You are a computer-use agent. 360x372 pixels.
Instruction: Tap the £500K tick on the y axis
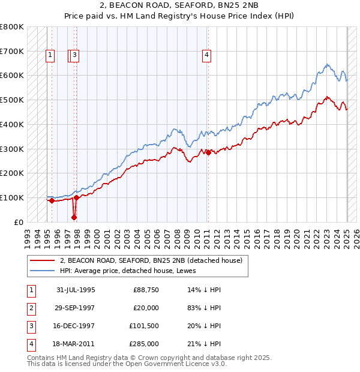click(12, 100)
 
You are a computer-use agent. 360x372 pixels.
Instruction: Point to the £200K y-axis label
click(12, 173)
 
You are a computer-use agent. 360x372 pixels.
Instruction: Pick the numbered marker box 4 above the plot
click(206, 56)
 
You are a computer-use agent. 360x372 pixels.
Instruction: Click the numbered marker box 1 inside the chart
click(49, 56)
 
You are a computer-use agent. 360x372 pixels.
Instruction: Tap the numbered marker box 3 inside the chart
click(75, 56)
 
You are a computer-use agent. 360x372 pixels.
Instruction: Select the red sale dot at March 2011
click(208, 152)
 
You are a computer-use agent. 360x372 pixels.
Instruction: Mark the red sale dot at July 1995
click(52, 201)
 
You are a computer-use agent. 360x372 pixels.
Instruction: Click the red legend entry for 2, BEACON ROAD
click(151, 260)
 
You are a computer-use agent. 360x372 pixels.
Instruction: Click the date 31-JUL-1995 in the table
click(76, 290)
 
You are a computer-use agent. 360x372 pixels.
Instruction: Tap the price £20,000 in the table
click(146, 308)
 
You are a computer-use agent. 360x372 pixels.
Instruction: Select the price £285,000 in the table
click(146, 344)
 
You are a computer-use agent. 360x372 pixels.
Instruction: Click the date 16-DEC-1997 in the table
click(76, 326)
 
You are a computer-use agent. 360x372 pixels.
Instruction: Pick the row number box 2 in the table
click(30, 308)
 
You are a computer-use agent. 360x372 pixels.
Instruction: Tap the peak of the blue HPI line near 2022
click(326, 64)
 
